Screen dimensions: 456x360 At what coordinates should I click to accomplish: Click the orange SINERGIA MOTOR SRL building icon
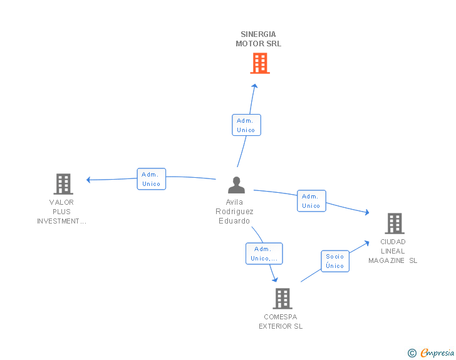point(260,63)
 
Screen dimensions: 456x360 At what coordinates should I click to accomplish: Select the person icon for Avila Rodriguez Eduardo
point(236,185)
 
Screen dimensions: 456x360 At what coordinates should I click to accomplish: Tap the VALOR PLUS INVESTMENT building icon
point(63,184)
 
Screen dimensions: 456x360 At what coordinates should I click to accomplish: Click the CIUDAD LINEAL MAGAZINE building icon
point(395,224)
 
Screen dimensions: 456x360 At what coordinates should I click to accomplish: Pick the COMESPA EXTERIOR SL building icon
point(282,299)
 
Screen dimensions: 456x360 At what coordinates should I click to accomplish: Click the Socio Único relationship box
point(335,261)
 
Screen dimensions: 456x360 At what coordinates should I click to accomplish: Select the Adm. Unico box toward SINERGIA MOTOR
point(246,125)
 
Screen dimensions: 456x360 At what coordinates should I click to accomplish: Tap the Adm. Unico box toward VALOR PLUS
point(151,179)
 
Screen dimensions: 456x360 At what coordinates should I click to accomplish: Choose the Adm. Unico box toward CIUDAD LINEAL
point(311,201)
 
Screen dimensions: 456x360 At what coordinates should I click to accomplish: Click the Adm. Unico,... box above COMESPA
point(264,254)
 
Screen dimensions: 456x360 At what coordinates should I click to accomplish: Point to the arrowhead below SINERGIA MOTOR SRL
point(255,86)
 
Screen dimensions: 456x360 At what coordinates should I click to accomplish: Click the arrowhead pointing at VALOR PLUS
point(89,180)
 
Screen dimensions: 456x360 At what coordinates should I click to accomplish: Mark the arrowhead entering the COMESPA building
point(275,279)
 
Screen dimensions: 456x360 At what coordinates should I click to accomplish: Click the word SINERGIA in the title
point(258,34)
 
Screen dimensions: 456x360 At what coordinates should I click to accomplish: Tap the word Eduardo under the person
point(234,221)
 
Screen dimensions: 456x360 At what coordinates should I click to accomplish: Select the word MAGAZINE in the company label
point(386,260)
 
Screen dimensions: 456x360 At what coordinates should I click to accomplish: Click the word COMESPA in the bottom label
point(281,317)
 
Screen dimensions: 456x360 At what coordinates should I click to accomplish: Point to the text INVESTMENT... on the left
point(61,221)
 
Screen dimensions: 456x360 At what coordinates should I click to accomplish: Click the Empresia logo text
point(437,352)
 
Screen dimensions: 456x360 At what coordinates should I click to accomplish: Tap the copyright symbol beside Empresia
point(412,353)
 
